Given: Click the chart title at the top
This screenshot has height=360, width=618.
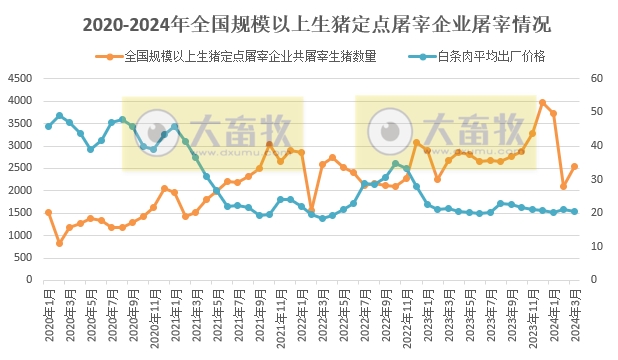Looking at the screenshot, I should tap(309, 22).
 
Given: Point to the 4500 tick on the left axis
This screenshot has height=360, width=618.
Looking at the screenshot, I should tap(19, 79).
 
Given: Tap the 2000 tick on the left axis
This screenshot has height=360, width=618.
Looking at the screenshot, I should tap(19, 191).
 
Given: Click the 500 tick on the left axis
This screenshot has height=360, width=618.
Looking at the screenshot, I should tap(23, 258).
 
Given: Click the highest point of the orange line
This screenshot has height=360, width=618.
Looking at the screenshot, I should tap(543, 102).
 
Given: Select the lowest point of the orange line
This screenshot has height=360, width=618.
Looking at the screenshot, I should tap(59, 243).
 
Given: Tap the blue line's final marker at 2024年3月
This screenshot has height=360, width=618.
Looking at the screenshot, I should tap(574, 211).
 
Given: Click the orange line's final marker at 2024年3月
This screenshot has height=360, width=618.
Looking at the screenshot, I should tap(574, 167).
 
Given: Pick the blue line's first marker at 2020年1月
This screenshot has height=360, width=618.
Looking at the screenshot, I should tap(48, 126).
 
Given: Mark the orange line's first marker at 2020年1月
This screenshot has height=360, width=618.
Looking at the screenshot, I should tap(48, 212).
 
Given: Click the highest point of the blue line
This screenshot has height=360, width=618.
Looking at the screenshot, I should tap(59, 115).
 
